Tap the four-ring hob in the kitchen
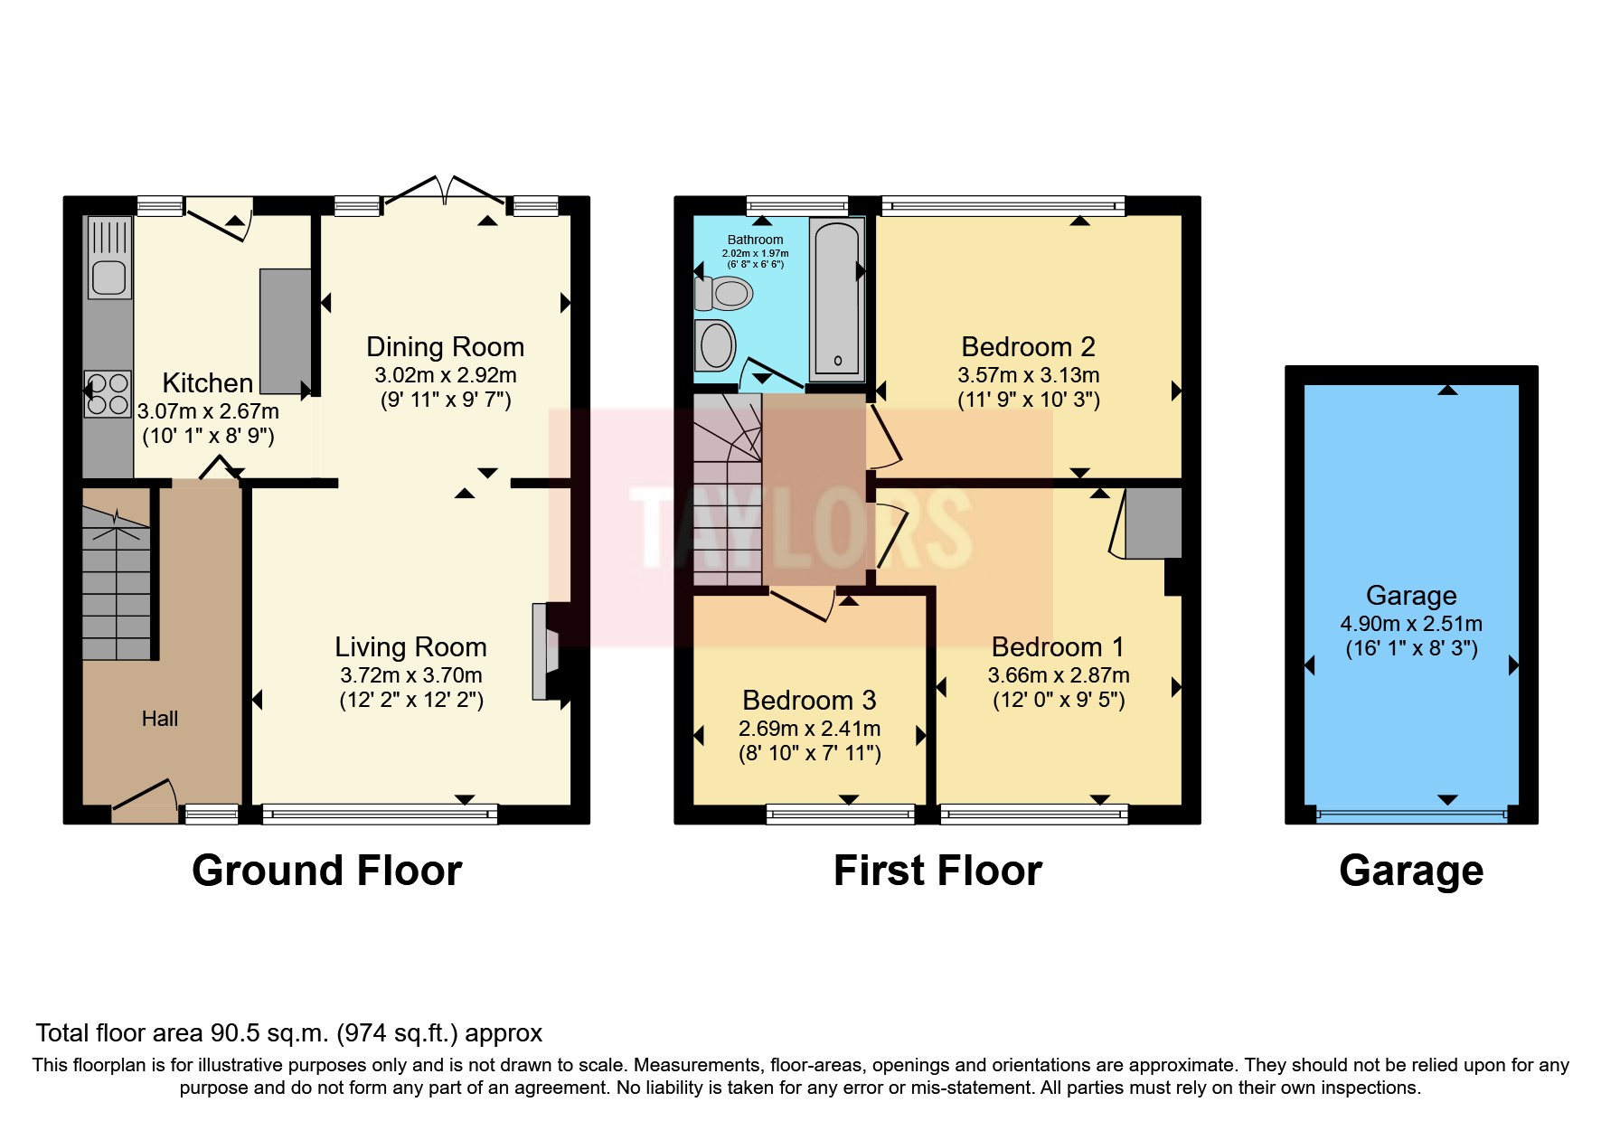[x=108, y=394]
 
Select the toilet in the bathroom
[x=724, y=293]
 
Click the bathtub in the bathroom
[x=837, y=298]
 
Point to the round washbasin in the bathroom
[x=716, y=345]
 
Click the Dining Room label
[x=445, y=347]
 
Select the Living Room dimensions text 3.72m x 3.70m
[x=410, y=675]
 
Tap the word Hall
[x=160, y=719]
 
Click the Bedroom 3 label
[x=809, y=701]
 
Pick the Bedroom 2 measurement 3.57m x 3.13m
[x=1028, y=375]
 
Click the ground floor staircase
[x=116, y=583]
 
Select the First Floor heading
[x=937, y=871]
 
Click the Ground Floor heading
[x=326, y=871]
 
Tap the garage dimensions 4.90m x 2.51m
[x=1410, y=624]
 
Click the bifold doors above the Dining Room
[x=443, y=192]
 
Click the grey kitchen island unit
[x=285, y=331]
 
